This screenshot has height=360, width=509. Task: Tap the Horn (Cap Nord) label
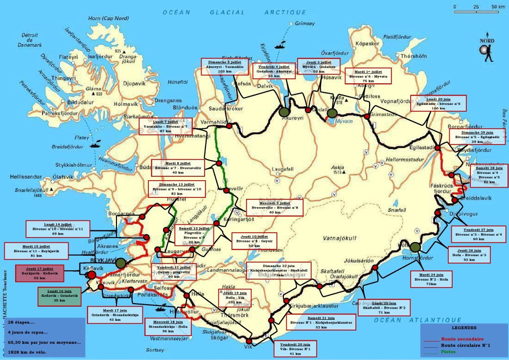(x=108, y=18)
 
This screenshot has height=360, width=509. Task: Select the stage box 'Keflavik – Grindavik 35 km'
(x=59, y=296)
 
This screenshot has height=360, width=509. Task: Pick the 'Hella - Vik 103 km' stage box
(x=235, y=297)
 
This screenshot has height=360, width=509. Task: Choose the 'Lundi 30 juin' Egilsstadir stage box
(x=438, y=103)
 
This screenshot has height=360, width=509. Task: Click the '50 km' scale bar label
(x=498, y=7)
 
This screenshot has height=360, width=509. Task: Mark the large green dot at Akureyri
(x=283, y=112)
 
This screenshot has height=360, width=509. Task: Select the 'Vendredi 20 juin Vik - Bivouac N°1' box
(x=296, y=348)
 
